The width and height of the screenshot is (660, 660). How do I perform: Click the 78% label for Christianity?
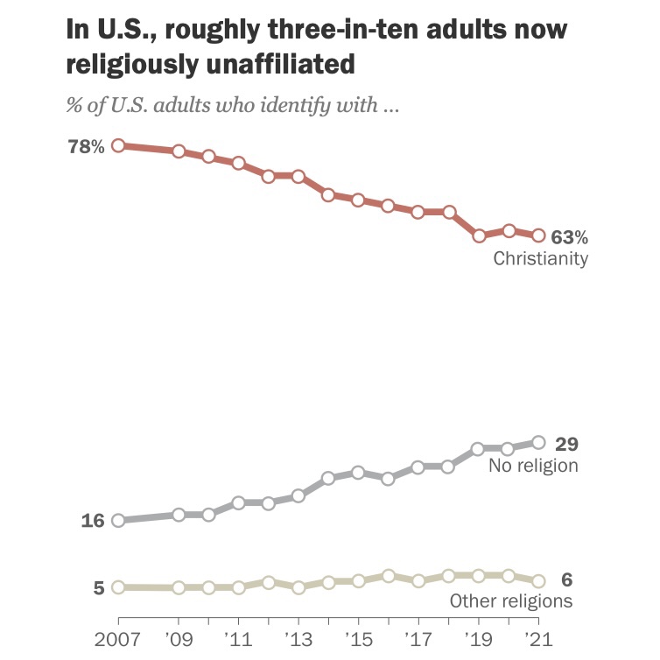point(86,146)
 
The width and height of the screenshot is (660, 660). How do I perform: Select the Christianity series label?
point(540,259)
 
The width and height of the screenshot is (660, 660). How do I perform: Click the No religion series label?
point(534,466)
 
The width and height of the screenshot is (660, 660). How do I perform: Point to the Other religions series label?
point(511,601)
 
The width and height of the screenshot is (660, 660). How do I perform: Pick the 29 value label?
point(567,443)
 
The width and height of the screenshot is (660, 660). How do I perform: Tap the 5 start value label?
point(99,587)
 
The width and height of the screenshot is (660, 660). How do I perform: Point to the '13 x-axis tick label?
point(298,639)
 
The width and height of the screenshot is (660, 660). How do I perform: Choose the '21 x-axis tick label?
point(538,639)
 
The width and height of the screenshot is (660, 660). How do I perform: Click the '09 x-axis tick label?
point(178,639)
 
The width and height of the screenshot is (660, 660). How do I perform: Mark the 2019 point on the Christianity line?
point(479,235)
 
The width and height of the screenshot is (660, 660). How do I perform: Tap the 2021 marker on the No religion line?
point(538,442)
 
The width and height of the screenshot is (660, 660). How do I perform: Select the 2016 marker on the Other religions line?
point(389,576)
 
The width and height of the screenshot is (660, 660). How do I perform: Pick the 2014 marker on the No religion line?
point(328,478)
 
